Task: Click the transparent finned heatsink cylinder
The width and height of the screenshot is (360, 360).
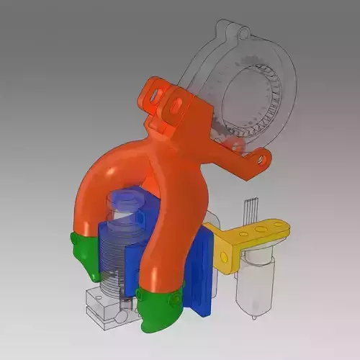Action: (x=115, y=252)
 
